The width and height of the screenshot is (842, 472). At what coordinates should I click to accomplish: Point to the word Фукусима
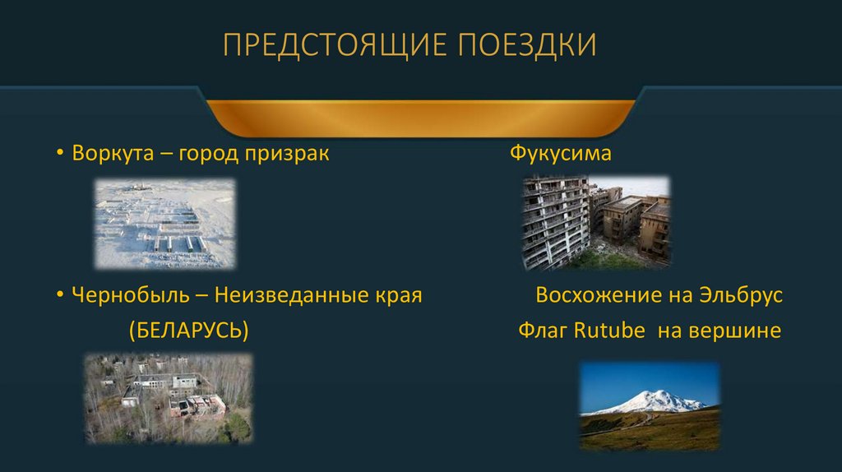[561, 154]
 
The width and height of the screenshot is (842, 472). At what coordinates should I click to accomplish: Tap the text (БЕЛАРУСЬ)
[188, 331]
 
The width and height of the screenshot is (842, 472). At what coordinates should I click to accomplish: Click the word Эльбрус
[742, 295]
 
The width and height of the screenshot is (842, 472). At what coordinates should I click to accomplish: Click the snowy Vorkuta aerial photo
[164, 224]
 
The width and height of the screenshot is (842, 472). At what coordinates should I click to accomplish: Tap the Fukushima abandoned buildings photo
[596, 222]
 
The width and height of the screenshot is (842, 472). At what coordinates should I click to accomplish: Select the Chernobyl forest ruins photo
[168, 399]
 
